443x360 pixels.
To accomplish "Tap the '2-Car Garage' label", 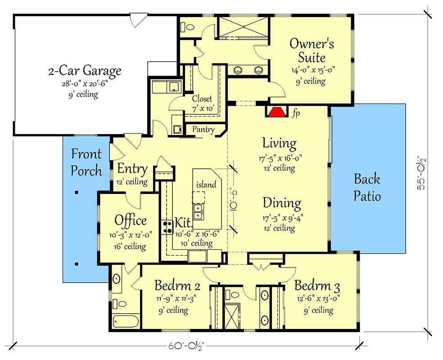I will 85,71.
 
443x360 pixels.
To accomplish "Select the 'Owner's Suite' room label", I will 312,50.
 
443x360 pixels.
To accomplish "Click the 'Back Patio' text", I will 367,188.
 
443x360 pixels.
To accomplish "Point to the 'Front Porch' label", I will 86,162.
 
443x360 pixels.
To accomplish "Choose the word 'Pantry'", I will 203,129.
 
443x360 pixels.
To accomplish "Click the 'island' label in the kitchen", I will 206,184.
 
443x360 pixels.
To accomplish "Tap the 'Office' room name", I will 130,220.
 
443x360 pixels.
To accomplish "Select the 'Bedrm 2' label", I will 177,286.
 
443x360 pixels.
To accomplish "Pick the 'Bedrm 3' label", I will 317,286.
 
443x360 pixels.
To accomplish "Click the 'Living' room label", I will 280,144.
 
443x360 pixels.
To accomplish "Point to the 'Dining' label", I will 282,203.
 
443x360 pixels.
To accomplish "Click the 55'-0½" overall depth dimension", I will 421,173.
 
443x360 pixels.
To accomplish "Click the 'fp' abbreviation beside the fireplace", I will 295,113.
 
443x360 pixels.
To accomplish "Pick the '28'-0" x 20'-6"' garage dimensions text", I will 85,84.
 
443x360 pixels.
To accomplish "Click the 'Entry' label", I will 132,169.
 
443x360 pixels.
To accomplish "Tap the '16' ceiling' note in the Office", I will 130,246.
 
